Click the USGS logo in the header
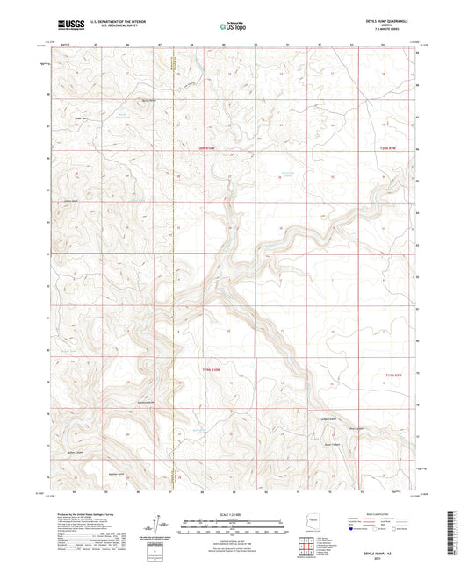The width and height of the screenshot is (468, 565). (68, 25)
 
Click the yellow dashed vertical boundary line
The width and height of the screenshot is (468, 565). (174, 263)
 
